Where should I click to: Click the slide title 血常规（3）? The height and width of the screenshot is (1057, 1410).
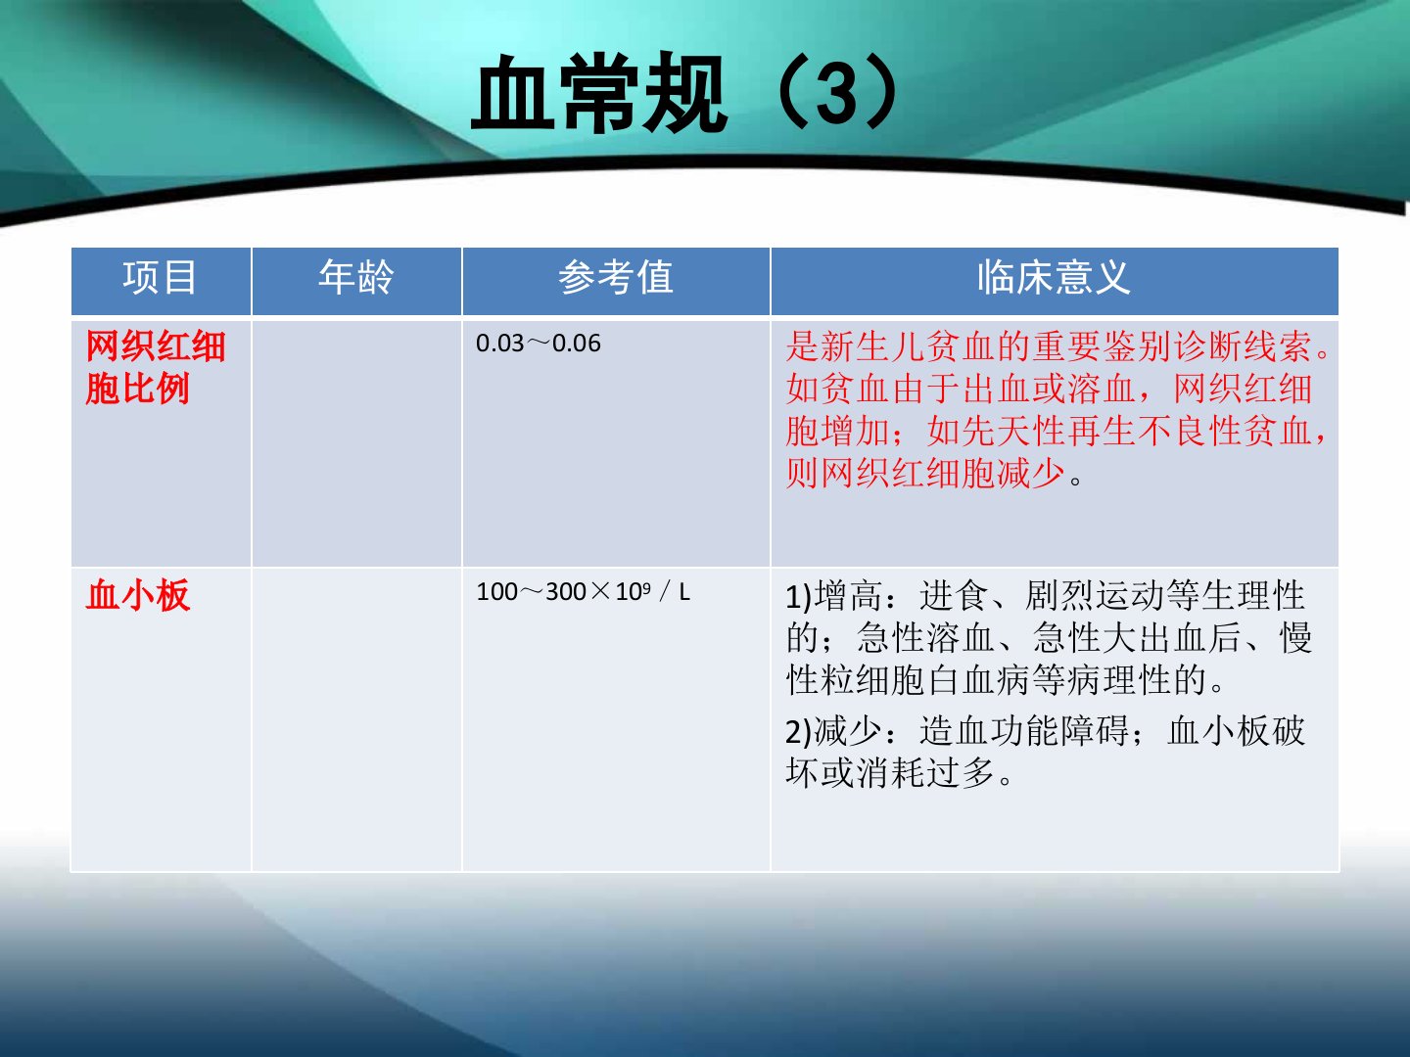[684, 93]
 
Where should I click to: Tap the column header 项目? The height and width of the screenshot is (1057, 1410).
[160, 278]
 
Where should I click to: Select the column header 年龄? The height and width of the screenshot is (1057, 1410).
[356, 278]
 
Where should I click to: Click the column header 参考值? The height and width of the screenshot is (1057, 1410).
[615, 278]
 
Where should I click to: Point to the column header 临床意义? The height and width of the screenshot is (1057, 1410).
[1055, 278]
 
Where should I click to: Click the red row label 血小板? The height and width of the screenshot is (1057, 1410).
[138, 595]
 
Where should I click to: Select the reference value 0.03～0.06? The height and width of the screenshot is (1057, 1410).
[539, 344]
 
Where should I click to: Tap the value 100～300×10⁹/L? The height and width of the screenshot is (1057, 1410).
[584, 592]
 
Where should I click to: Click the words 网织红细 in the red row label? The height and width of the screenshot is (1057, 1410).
[156, 346]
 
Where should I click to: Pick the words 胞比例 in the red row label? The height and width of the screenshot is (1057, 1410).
[138, 389]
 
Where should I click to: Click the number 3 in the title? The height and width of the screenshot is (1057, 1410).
[838, 94]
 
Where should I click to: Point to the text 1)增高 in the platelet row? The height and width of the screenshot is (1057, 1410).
[833, 596]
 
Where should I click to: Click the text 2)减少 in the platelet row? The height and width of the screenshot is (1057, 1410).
[833, 731]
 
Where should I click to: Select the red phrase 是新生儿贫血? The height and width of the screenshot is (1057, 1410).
[891, 346]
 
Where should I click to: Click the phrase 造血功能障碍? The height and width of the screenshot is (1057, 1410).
[1024, 731]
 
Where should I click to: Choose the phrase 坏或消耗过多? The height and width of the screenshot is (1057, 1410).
[891, 773]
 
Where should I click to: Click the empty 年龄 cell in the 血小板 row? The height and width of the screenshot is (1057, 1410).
[356, 719]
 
